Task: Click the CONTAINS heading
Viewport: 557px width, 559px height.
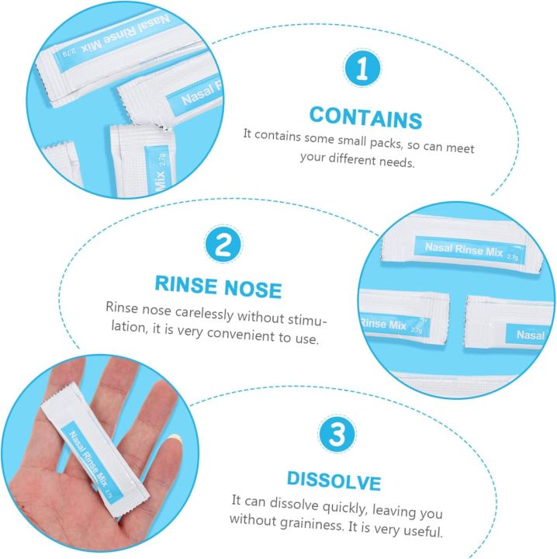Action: click(365, 118)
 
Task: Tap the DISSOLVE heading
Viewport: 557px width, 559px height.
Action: click(334, 481)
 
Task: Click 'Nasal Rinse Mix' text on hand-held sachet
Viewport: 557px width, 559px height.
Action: click(88, 451)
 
